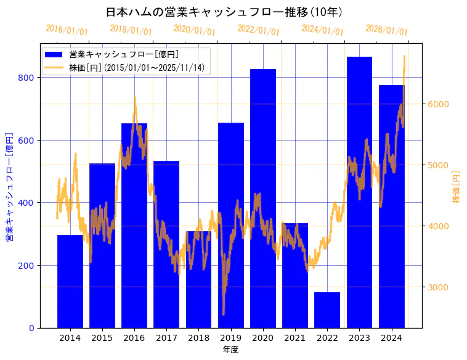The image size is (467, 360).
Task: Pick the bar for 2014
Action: [x=70, y=281]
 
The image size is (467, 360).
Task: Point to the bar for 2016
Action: [x=134, y=226]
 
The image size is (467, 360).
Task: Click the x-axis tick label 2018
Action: [x=198, y=338]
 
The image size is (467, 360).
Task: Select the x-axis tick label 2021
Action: [x=295, y=338]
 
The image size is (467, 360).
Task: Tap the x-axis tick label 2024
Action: [x=391, y=338]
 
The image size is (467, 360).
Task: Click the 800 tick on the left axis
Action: [x=26, y=78]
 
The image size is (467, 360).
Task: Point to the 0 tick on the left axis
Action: [x=31, y=328]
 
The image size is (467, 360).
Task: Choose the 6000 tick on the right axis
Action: [x=439, y=104]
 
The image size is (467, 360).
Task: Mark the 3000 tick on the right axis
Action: [x=439, y=287]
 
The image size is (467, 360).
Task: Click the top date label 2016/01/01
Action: [x=67, y=30]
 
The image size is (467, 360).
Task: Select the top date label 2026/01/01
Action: [x=386, y=30]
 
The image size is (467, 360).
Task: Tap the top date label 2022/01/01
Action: [x=258, y=30]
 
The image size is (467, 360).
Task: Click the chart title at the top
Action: [x=224, y=12]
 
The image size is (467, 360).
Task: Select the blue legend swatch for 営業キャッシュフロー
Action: [x=54, y=55]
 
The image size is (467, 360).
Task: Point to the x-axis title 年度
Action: [x=230, y=350]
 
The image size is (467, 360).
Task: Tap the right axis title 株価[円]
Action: [x=457, y=187]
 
